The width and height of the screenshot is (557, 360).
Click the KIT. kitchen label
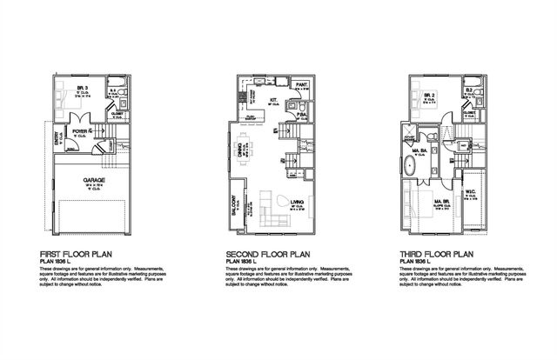point(272,102)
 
